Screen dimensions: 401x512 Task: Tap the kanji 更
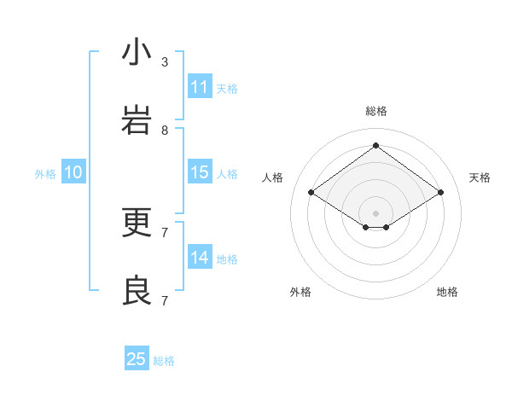(x=137, y=223)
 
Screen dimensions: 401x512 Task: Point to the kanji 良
(x=137, y=291)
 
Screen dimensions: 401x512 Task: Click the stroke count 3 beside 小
(x=165, y=62)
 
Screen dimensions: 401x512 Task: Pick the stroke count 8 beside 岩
(x=165, y=131)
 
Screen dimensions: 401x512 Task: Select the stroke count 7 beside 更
(x=165, y=232)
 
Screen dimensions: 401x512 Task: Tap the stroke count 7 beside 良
(x=165, y=300)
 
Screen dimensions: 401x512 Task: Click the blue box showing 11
(x=200, y=87)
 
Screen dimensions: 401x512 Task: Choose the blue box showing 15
(x=200, y=172)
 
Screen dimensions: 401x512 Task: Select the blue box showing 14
(x=200, y=258)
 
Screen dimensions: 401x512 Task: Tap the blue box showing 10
(x=73, y=172)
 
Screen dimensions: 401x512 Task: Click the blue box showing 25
(x=137, y=359)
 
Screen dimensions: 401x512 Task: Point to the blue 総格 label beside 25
(x=164, y=361)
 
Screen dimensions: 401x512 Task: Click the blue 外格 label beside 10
(x=45, y=174)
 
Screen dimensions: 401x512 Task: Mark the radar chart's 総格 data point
(x=375, y=145)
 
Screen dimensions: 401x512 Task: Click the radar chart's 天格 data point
(x=440, y=193)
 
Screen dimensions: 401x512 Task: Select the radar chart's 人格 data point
(x=311, y=193)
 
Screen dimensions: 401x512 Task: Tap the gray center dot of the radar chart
(x=375, y=212)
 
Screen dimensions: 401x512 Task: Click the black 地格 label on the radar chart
(x=447, y=292)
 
